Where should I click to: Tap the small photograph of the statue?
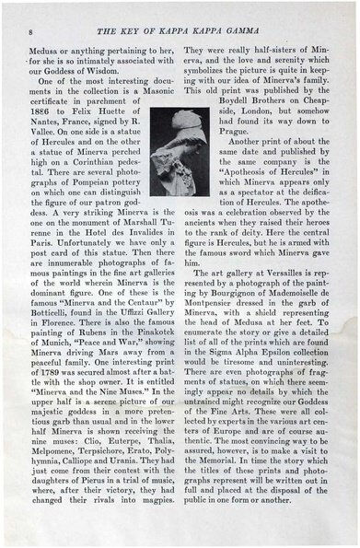coord(172,142)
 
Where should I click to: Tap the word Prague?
coord(201,145)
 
